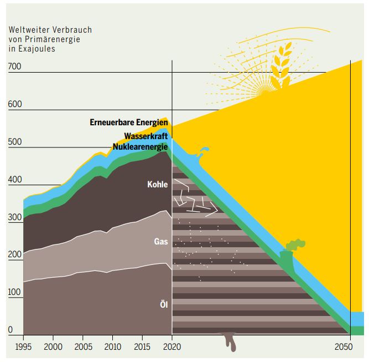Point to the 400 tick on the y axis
(14, 180)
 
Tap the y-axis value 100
(14, 292)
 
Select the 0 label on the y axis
(10, 330)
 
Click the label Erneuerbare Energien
(128, 123)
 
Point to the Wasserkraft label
(146, 136)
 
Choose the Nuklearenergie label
(140, 147)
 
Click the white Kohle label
(157, 184)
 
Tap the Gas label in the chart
(161, 242)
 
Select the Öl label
(163, 304)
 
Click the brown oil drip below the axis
(229, 341)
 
